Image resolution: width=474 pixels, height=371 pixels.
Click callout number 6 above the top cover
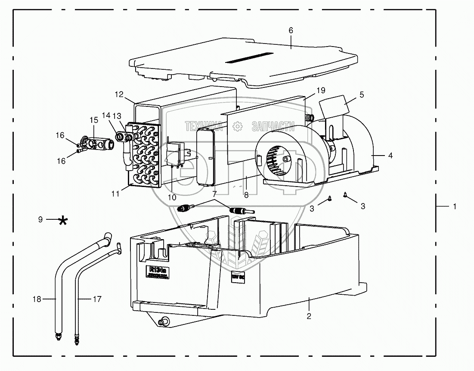point(291,30)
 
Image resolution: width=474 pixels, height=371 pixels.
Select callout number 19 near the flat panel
point(320,90)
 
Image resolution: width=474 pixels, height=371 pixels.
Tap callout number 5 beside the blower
point(361,95)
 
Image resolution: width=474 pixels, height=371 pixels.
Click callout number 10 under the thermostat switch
point(172,197)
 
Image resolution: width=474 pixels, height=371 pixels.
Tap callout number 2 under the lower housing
point(309,316)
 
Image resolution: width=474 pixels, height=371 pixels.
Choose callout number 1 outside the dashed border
point(454,207)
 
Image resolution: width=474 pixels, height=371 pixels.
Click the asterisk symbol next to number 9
point(63,221)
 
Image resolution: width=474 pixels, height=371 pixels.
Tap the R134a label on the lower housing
point(157,273)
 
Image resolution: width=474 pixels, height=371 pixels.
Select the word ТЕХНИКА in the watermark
point(204,126)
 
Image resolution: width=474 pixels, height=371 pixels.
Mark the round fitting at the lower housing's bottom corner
point(164,321)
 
